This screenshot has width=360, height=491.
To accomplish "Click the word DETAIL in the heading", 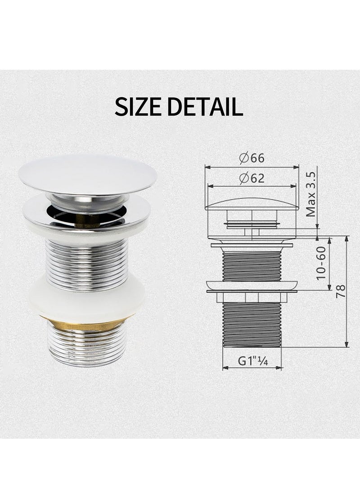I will coord(205,106).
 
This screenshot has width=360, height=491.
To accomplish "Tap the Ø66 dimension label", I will coord(252,158).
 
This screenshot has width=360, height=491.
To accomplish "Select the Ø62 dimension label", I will coord(252,178).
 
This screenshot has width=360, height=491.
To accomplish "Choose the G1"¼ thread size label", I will coord(252,360).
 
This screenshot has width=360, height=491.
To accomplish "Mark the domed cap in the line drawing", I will coord(252,204).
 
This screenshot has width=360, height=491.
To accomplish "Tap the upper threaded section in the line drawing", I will coord(252,266).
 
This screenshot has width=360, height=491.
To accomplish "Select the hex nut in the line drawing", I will coord(252,297).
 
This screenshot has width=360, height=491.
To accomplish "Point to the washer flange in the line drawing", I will coord(252,286).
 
